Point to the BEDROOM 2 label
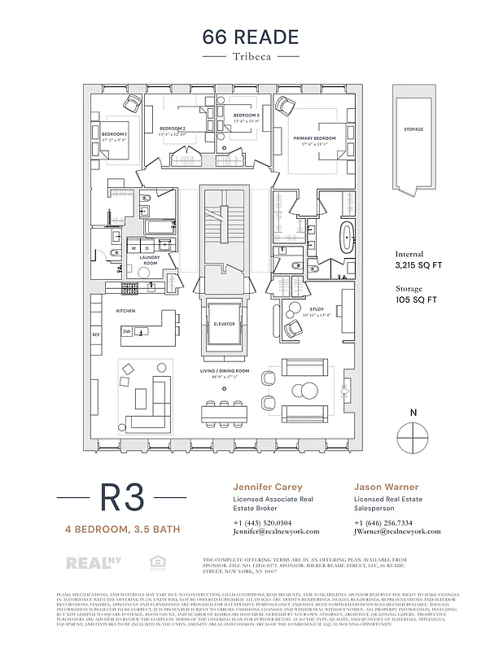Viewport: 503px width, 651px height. coord(173,129)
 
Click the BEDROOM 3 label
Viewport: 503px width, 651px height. coord(246,116)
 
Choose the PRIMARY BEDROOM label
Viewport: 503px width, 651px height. coord(315,139)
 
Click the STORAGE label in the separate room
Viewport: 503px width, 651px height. coord(413,129)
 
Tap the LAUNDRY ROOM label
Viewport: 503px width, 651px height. coord(149,260)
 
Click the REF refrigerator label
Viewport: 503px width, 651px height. coord(95,334)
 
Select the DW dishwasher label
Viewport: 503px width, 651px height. coord(127,331)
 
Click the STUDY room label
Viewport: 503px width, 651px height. coord(317,310)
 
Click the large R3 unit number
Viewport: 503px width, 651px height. coord(123,498)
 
